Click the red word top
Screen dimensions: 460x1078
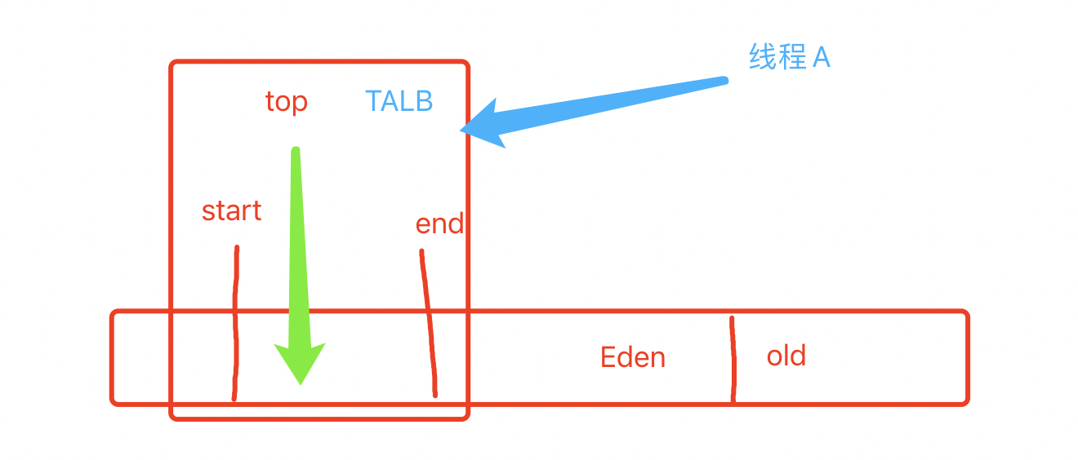(286, 102)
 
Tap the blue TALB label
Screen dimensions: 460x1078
(399, 101)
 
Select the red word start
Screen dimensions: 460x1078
(231, 211)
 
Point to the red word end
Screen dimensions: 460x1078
(439, 224)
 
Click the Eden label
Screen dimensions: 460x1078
(633, 357)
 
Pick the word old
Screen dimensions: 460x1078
(786, 356)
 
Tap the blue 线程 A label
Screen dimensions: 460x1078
(789, 57)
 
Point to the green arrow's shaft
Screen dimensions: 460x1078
(298, 245)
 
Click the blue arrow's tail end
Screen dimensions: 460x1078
(723, 80)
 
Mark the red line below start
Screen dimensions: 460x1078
(236, 326)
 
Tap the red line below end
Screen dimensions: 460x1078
(428, 326)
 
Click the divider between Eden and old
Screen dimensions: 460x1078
(733, 359)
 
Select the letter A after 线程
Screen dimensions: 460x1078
(821, 57)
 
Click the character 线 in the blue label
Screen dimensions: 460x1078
(762, 57)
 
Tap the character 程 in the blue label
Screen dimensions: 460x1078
(791, 57)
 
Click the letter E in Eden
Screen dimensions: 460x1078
(608, 357)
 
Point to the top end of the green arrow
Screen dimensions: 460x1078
(296, 151)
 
